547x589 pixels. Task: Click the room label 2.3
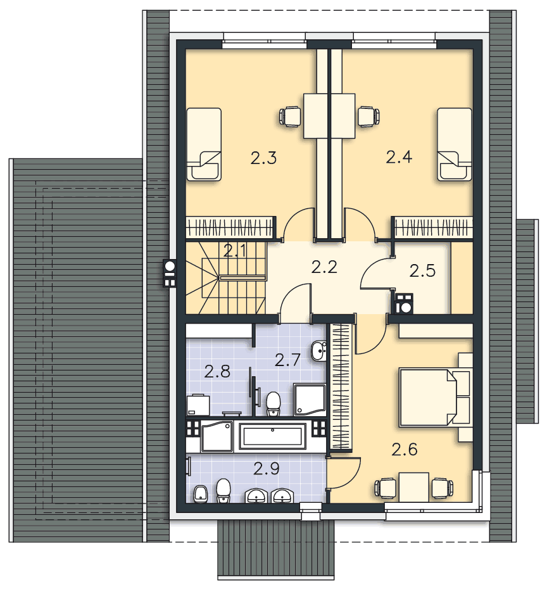coord(263,158)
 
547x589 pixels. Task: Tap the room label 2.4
coord(399,156)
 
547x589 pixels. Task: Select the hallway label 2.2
coord(324,267)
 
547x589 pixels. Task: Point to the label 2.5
coord(422,271)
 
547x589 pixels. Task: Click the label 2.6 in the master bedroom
coord(405,449)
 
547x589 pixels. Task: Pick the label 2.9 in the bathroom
coord(266,469)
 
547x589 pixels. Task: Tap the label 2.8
coord(217,372)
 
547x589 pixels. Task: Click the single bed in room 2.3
coord(204,144)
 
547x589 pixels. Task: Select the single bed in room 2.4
coord(455,144)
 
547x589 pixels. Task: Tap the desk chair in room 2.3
coord(290,116)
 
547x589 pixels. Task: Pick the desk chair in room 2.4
coord(368,116)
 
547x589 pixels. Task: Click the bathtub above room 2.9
coord(273,436)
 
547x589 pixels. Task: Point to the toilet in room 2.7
coord(273,405)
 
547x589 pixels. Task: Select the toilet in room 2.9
coord(223,491)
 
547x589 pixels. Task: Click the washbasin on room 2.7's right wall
coord(318,351)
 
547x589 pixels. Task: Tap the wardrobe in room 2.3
coord(229,227)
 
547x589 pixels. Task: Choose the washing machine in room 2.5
coord(404,303)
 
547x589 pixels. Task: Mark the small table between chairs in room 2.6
coord(413,487)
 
